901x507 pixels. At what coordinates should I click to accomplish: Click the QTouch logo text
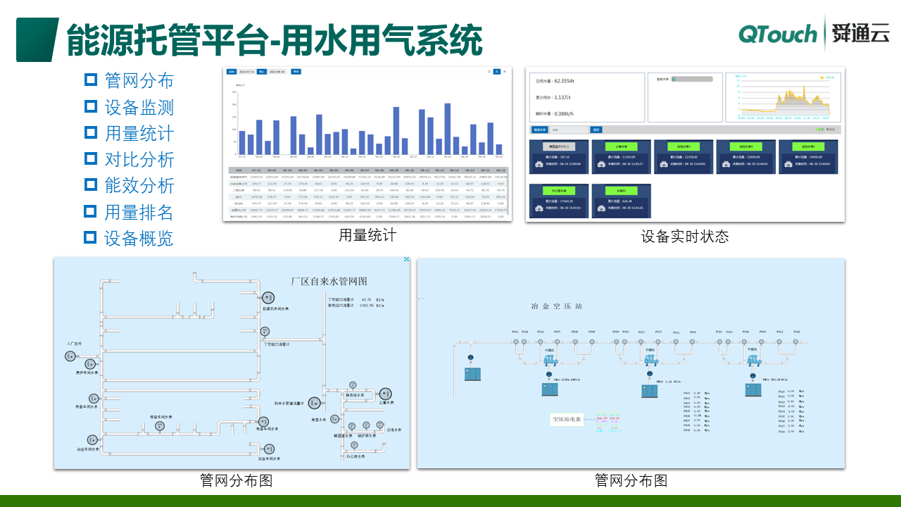pyautogui.click(x=778, y=33)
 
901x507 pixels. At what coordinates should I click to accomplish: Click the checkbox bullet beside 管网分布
pyautogui.click(x=90, y=80)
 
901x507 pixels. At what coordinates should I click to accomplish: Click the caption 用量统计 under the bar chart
pyautogui.click(x=367, y=235)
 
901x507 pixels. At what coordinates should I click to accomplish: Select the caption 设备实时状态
pyautogui.click(x=684, y=237)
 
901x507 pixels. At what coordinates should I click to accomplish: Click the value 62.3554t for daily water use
pyautogui.click(x=565, y=82)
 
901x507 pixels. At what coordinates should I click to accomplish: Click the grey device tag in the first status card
pyautogui.click(x=558, y=146)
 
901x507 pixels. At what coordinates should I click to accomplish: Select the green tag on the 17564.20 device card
pyautogui.click(x=558, y=191)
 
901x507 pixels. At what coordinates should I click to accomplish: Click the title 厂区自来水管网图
pyautogui.click(x=329, y=281)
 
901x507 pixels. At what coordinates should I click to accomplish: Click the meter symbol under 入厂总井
pyautogui.click(x=70, y=356)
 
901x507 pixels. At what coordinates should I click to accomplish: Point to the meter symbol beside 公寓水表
pyautogui.click(x=386, y=394)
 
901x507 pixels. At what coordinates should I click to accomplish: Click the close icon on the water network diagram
pyautogui.click(x=405, y=260)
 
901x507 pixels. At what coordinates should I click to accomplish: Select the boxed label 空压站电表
pyautogui.click(x=567, y=420)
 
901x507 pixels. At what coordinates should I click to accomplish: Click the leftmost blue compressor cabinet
pyautogui.click(x=471, y=374)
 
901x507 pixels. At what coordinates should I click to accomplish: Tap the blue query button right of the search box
pyautogui.click(x=596, y=130)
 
